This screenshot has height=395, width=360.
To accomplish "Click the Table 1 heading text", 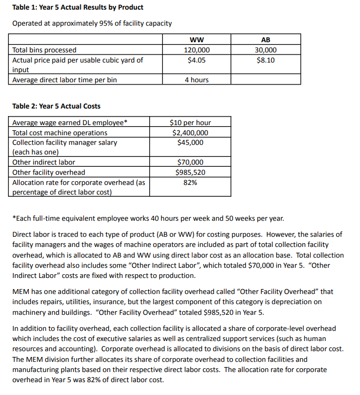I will (78, 7).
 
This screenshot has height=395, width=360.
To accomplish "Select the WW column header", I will (196, 40).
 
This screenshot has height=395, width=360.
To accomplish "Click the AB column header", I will (265, 40).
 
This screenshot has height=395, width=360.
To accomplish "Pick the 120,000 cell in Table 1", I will (196, 50).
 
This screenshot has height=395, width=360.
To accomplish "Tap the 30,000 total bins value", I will (265, 50).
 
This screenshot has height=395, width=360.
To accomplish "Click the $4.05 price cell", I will (196, 60).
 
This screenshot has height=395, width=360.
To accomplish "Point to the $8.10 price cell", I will (265, 60).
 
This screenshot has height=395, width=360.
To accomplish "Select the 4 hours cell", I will (196, 80).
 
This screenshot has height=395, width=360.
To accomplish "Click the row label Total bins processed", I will (44, 50).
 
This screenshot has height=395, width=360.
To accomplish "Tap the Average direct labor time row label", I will (64, 80).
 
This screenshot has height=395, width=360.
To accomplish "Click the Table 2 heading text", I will (56, 106).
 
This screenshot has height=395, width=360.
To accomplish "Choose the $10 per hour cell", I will (190, 122).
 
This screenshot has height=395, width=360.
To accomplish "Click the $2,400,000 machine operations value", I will (190, 133).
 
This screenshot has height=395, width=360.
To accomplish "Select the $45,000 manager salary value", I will (190, 142).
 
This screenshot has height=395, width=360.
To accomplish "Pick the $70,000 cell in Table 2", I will (190, 162).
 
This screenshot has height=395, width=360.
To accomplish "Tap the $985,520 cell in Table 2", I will (190, 172).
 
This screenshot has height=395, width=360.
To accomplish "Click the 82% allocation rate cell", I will (190, 182).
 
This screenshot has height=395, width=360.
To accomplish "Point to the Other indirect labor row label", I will (44, 162).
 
